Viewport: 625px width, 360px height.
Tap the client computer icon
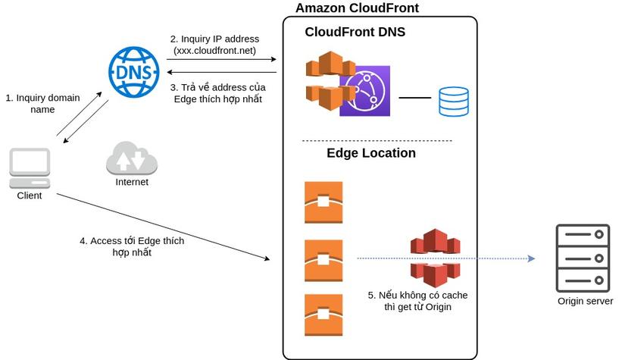coord(30,167)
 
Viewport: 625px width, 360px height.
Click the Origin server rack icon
coord(583,258)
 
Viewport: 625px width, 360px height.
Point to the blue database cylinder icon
coord(454,102)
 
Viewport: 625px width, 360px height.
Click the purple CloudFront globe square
coord(364,91)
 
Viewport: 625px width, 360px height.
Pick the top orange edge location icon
coord(323,202)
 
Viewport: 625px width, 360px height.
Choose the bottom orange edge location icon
coord(323,315)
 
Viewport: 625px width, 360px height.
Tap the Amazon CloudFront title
coord(357,8)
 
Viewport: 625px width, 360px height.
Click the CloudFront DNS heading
coord(355,32)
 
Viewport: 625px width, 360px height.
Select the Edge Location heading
coord(371,153)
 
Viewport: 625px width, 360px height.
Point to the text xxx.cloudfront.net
coord(215,51)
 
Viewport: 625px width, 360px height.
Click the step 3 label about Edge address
coord(217,93)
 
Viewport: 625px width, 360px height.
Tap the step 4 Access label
coord(132,246)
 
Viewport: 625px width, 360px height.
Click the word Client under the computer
coord(30,196)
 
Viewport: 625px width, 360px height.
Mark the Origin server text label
coord(585,302)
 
